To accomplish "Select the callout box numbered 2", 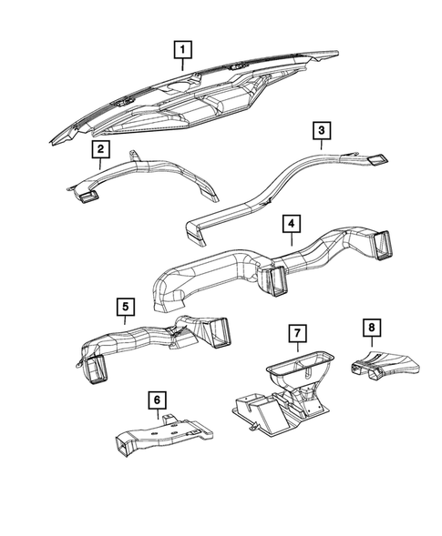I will [100, 148].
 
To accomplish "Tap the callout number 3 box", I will [322, 133].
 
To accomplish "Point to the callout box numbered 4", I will [289, 223].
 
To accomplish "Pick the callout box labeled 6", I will [158, 399].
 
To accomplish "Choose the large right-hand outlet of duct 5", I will [219, 333].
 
